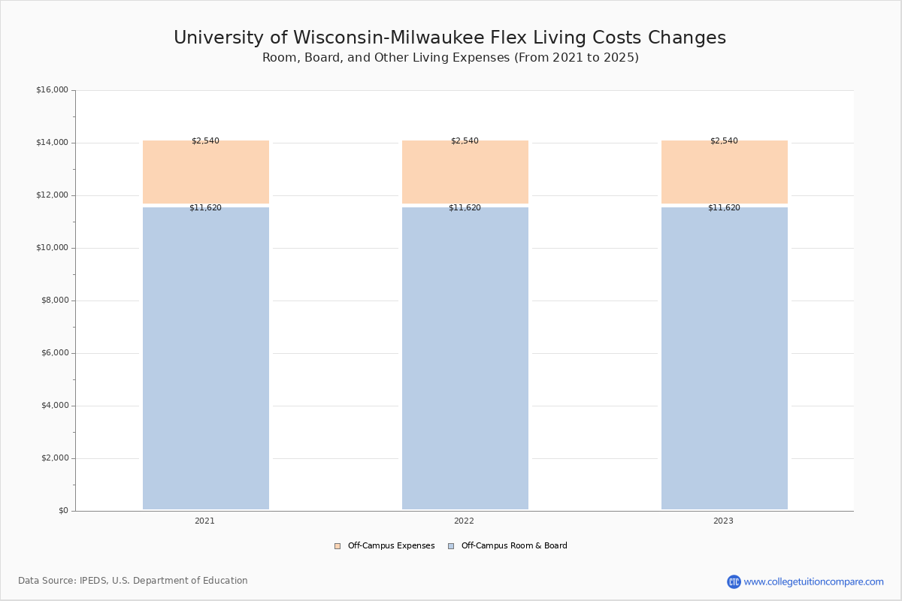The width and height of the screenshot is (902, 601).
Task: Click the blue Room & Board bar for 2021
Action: [x=205, y=358]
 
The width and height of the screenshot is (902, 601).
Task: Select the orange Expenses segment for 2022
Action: [x=465, y=173]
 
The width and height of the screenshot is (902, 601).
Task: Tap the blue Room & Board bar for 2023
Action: [x=724, y=358]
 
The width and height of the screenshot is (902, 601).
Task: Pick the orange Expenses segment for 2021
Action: [x=205, y=173]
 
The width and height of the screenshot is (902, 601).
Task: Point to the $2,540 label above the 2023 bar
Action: [x=724, y=140]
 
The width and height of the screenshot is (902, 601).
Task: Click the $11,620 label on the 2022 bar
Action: [x=465, y=207]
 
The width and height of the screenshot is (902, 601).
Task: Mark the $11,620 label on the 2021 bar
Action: [x=205, y=207]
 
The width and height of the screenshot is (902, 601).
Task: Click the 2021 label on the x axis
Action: [x=204, y=521]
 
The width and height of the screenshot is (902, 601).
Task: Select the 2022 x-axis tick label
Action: [x=464, y=521]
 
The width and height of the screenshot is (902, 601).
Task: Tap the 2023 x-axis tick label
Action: [x=723, y=521]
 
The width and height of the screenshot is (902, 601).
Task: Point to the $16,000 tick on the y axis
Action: [x=52, y=90]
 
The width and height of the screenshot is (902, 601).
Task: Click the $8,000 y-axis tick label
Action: [x=54, y=300]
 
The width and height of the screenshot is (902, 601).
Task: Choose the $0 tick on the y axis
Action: [x=63, y=511]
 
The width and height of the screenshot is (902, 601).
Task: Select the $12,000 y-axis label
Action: [x=52, y=195]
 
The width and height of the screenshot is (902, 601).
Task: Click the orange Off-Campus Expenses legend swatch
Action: [x=337, y=546]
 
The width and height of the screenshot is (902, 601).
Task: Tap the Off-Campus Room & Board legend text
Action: [x=514, y=546]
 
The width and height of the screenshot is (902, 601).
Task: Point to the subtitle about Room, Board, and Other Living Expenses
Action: [x=450, y=58]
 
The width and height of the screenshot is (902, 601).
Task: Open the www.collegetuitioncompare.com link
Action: [x=813, y=581]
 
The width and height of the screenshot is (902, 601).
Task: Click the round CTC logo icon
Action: [x=734, y=581]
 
